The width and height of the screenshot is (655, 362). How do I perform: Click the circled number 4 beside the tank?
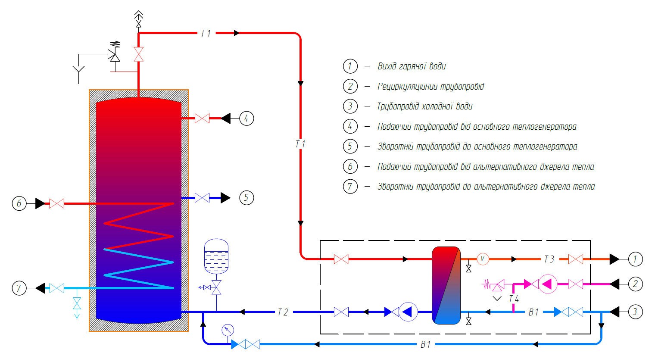[246, 118]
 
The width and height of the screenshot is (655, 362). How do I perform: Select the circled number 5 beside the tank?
[246, 198]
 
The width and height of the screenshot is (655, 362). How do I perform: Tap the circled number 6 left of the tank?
[19, 203]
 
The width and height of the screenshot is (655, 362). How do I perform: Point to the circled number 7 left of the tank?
[19, 287]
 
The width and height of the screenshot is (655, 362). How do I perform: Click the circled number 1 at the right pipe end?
[635, 259]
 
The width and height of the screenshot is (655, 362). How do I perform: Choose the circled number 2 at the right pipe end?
[635, 284]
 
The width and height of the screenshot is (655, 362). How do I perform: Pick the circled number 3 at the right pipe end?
[635, 312]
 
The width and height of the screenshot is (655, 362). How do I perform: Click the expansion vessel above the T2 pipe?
[216, 256]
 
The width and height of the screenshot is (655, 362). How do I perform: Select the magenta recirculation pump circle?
[549, 284]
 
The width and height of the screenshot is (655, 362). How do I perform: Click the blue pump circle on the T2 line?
[408, 312]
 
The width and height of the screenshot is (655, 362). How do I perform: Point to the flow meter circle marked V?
[482, 259]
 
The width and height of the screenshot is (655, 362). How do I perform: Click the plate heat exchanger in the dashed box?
[446, 285]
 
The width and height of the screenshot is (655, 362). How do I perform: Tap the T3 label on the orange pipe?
[549, 259]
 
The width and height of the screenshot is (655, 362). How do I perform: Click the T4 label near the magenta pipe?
[514, 299]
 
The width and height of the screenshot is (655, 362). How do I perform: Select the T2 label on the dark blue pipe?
[282, 312]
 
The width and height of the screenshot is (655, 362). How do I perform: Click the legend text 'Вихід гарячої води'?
[412, 66]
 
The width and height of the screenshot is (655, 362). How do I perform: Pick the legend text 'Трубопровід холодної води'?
[424, 106]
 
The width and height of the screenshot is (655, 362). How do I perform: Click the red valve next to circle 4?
[202, 118]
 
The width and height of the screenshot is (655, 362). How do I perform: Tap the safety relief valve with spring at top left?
[115, 54]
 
